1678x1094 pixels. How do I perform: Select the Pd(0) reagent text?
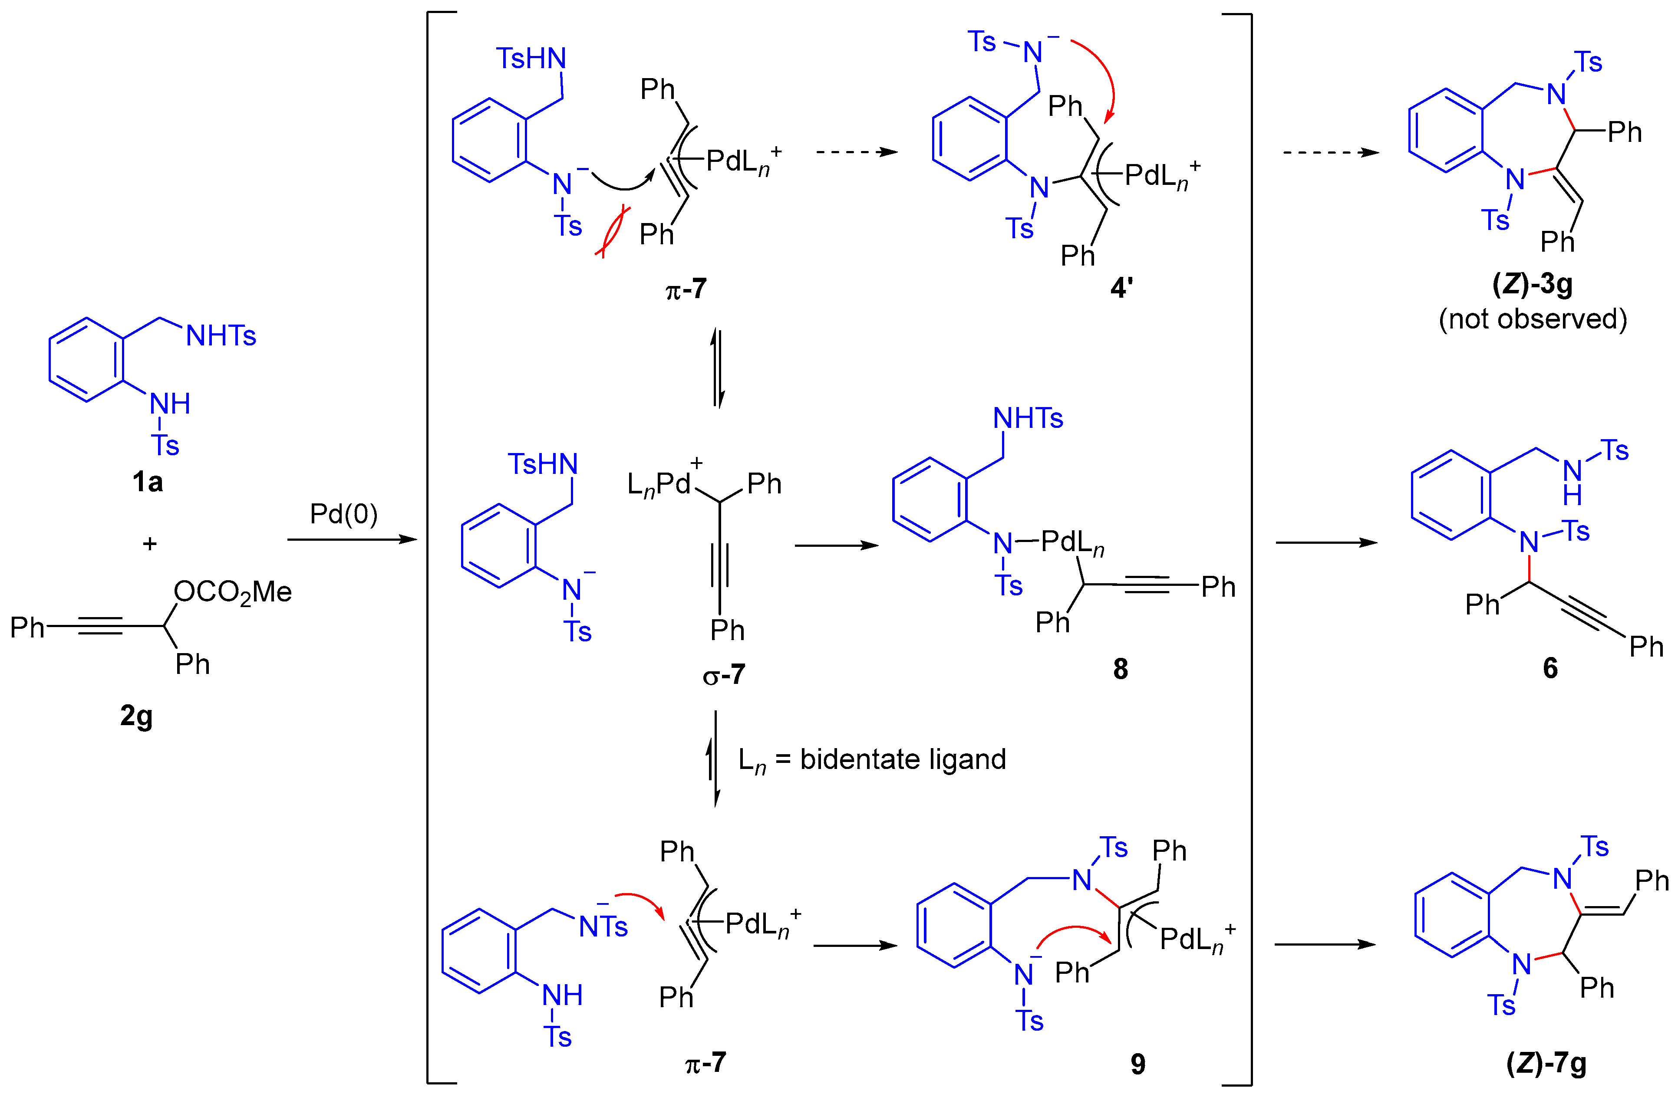tap(343, 514)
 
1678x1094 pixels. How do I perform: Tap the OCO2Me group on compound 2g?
tap(233, 592)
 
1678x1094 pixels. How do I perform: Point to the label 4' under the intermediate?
tap(1121, 288)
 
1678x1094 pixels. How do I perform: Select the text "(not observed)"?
tap(1533, 319)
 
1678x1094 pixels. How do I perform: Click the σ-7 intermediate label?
tap(723, 675)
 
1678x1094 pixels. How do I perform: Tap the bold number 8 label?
tap(1120, 668)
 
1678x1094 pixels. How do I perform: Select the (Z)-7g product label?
tap(1546, 1063)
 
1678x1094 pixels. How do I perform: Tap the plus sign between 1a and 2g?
tap(149, 543)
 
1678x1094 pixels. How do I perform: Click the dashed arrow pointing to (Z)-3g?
tap(1330, 152)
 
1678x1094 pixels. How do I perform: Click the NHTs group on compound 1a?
tap(221, 336)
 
